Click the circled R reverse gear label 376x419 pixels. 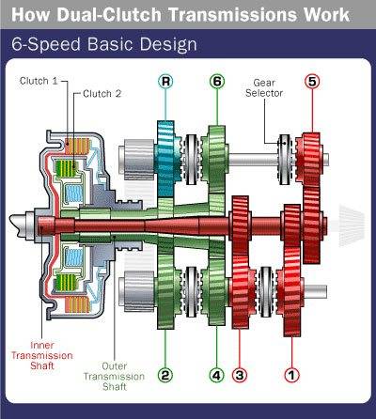(165, 82)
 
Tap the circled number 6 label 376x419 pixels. (217, 82)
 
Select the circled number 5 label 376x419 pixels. (312, 82)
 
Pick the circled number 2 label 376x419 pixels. (165, 375)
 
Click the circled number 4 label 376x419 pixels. (216, 375)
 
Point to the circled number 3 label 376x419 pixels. (240, 375)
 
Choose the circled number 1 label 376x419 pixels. (291, 375)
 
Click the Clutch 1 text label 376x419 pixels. (39, 81)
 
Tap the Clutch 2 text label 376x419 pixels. (102, 94)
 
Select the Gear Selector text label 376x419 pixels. (264, 88)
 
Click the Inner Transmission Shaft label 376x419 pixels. (42, 355)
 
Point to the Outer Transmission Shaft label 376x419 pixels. (114, 376)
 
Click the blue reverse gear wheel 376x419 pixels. (166, 159)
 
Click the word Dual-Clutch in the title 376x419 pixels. (111, 15)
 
